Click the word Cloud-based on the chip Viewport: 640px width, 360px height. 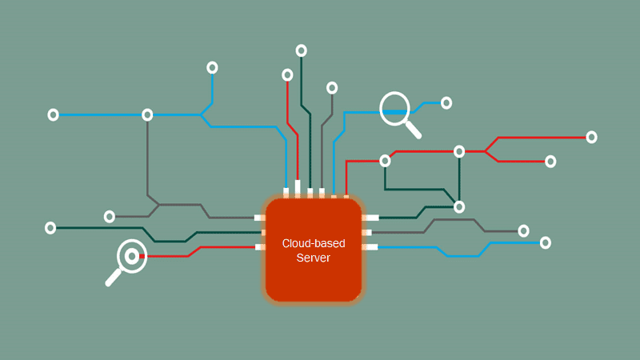pyautogui.click(x=313, y=242)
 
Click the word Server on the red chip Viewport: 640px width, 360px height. pyautogui.click(x=313, y=258)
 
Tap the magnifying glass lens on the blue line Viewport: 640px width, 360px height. pyautogui.click(x=394, y=109)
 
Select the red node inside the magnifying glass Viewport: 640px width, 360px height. pyautogui.click(x=132, y=257)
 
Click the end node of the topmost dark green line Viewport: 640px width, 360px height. pyautogui.click(x=302, y=50)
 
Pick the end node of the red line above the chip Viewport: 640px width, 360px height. pyautogui.click(x=287, y=74)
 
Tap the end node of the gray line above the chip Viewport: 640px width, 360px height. pyautogui.click(x=332, y=87)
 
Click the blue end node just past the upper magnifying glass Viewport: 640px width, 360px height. pyautogui.click(x=446, y=102)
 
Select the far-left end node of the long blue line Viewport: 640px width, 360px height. pyautogui.click(x=53, y=114)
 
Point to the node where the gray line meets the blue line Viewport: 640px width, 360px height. pyautogui.click(x=147, y=114)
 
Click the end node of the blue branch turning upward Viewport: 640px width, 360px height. pyautogui.click(x=212, y=67)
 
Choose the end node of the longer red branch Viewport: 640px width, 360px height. pyautogui.click(x=591, y=137)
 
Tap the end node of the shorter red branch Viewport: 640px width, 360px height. pyautogui.click(x=550, y=162)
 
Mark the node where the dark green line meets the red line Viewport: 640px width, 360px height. pyautogui.click(x=459, y=150)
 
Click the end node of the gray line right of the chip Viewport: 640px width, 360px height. pyautogui.click(x=523, y=230)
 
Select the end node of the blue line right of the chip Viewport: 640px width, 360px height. pyautogui.click(x=546, y=242)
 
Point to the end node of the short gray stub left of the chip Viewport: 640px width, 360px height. pyautogui.click(x=110, y=216)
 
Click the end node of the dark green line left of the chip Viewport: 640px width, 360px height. pyautogui.click(x=50, y=228)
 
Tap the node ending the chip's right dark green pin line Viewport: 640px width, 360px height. pyautogui.click(x=459, y=206)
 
